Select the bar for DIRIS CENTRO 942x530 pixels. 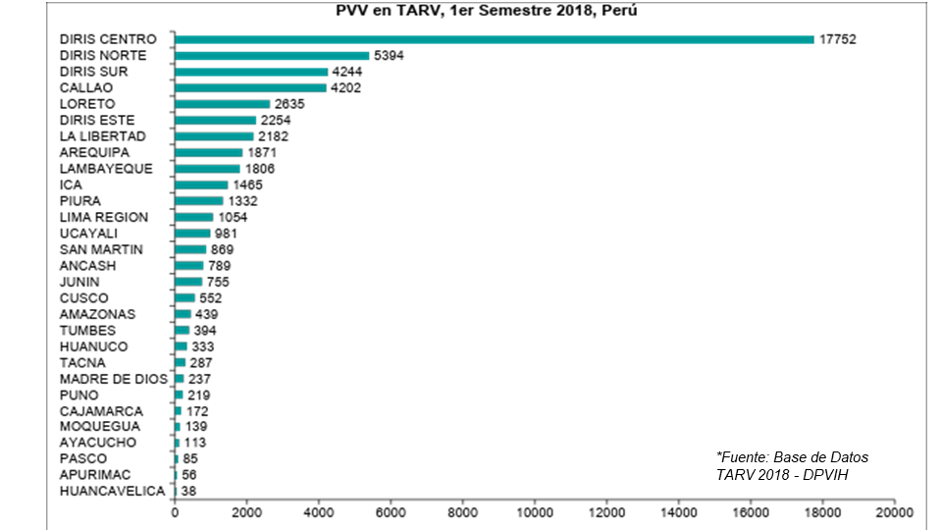(x=494, y=39)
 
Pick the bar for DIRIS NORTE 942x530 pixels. (x=272, y=56)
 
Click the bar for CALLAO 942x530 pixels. (x=250, y=88)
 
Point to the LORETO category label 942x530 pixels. (x=87, y=104)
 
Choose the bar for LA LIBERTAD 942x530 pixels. (x=214, y=136)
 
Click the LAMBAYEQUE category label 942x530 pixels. (x=106, y=169)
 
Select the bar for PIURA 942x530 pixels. (x=198, y=201)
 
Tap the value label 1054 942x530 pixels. (x=234, y=217)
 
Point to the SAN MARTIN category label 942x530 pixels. (x=101, y=249)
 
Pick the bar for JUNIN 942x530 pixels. (x=188, y=282)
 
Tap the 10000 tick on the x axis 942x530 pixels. (x=535, y=512)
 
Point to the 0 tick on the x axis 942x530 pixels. (x=175, y=512)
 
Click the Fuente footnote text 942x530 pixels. (x=792, y=465)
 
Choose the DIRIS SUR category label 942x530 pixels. (x=93, y=72)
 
